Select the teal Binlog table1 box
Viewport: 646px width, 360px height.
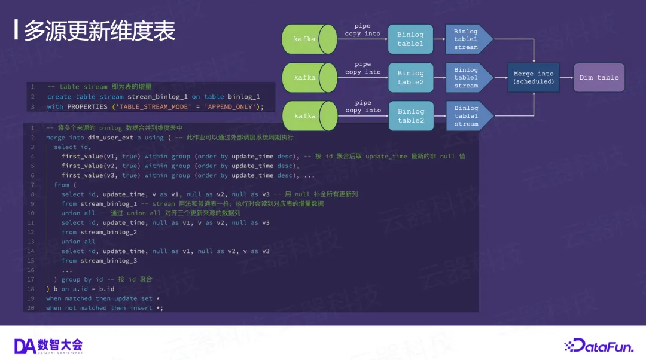tap(410, 39)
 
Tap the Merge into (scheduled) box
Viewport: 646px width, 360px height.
tap(534, 78)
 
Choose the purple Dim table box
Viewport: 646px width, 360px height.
tap(599, 78)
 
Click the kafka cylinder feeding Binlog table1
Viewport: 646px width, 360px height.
tap(309, 39)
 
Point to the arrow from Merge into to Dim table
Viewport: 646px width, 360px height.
tap(566, 78)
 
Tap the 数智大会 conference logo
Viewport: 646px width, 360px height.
tap(48, 345)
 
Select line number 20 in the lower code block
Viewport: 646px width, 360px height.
tap(31, 308)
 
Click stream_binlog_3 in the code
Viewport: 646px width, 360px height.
tap(109, 261)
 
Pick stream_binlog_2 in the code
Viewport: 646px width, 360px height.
tap(109, 232)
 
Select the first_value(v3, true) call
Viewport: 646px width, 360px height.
tap(99, 176)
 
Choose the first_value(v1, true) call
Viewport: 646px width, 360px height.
tap(99, 157)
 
